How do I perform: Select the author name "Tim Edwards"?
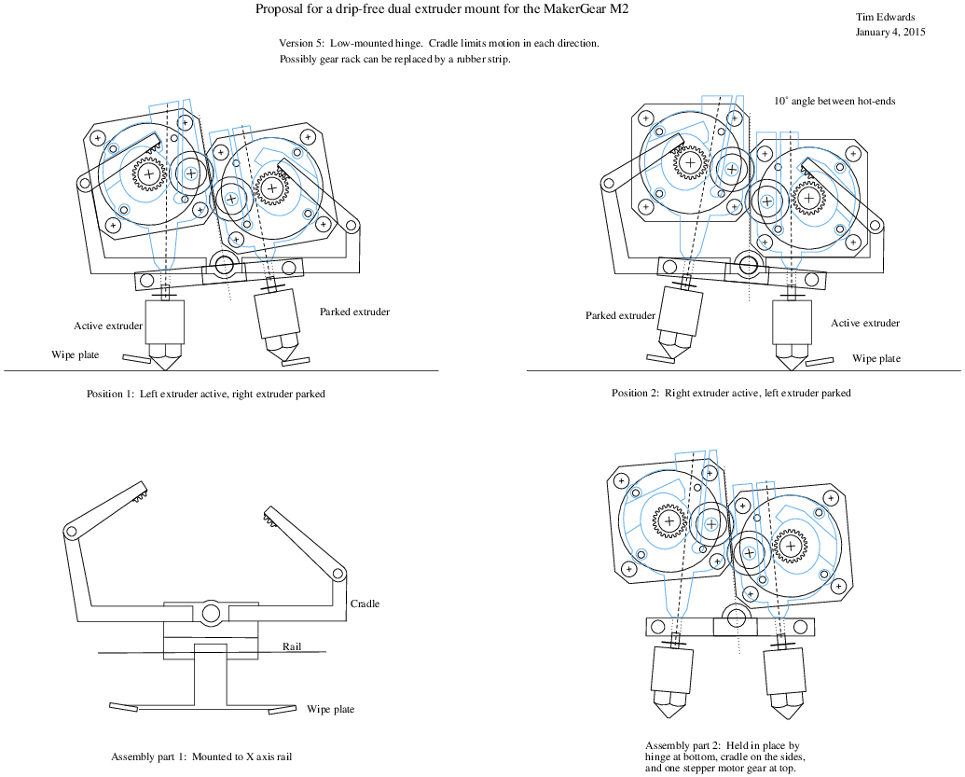click(x=884, y=17)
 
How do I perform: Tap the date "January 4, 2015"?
click(x=890, y=32)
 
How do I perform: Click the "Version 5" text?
click(x=301, y=44)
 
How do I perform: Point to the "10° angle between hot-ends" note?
click(x=834, y=101)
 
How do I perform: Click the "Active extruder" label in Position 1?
click(x=108, y=326)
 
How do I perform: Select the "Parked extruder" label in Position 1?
click(x=354, y=312)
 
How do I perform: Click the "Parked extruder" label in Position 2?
click(x=620, y=315)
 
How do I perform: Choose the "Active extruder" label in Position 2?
click(x=865, y=323)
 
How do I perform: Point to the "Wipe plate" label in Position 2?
click(x=876, y=358)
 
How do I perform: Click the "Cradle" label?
click(x=365, y=604)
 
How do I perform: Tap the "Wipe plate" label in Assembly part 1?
click(x=330, y=710)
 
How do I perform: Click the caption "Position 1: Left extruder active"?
click(x=205, y=394)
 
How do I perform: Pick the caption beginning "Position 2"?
click(x=731, y=393)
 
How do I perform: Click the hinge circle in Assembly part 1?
click(x=210, y=613)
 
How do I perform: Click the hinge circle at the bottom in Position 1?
click(x=224, y=266)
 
